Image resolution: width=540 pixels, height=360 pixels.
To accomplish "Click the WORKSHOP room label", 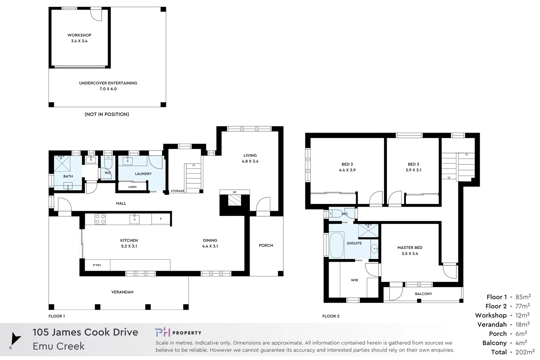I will click(x=79, y=35).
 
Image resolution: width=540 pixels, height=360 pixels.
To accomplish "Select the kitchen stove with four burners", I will click(x=100, y=219).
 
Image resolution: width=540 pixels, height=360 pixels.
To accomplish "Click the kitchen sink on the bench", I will click(x=134, y=219).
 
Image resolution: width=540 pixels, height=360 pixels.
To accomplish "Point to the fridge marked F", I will click(x=161, y=219).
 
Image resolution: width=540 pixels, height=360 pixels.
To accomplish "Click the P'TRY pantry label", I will click(x=97, y=265).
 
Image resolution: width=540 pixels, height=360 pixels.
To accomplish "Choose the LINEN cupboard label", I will click(x=132, y=187).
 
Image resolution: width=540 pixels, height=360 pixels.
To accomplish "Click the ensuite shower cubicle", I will click(x=368, y=230).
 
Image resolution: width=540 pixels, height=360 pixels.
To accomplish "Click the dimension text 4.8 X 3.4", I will click(x=250, y=161).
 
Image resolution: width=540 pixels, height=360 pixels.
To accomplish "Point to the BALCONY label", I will click(x=423, y=294).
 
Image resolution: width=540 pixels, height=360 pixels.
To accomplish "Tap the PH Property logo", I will click(x=178, y=333).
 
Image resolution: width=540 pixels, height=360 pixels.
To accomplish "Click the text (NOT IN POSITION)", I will click(x=107, y=114).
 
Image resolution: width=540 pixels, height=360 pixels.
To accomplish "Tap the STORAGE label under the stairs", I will click(x=177, y=191).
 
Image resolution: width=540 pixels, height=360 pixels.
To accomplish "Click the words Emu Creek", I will click(x=59, y=346).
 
